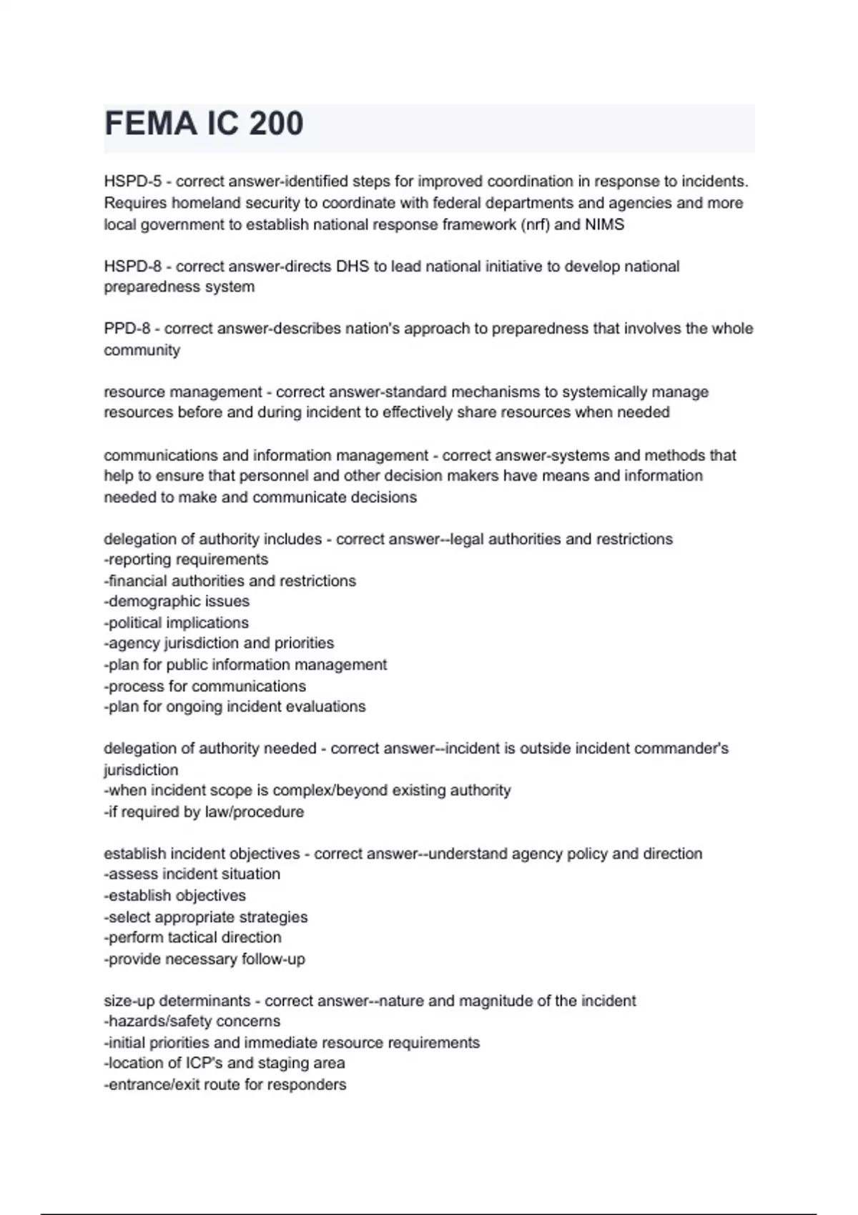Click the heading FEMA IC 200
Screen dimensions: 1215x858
(x=204, y=124)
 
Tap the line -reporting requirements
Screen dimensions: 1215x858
(x=186, y=560)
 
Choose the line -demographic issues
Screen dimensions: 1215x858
(x=177, y=601)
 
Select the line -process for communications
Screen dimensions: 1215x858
(x=204, y=686)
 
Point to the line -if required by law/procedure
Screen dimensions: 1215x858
(x=204, y=812)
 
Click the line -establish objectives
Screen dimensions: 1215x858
(x=174, y=896)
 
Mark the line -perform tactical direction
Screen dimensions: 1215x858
(x=192, y=937)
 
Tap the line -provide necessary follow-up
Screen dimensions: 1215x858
(x=204, y=959)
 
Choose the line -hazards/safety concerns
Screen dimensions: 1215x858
(x=192, y=1021)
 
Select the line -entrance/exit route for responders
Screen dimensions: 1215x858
(x=225, y=1084)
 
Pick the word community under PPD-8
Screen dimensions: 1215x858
(x=142, y=350)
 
